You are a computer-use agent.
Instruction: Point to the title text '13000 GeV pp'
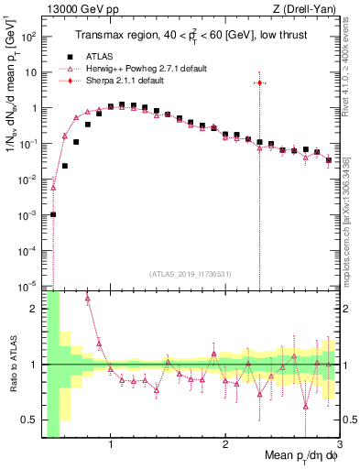pos(75,8)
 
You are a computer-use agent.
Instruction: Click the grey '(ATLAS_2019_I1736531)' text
pos(191,274)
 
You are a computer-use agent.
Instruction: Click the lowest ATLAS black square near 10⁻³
pos(53,214)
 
